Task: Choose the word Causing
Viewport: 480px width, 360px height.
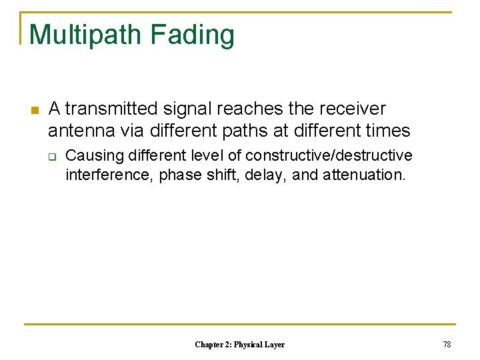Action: click(95, 156)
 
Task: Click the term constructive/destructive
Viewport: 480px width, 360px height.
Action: click(329, 156)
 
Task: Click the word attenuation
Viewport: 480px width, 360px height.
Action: click(366, 175)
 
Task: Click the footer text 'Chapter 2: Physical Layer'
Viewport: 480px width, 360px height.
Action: click(239, 345)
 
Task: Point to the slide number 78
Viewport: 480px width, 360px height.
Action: click(447, 345)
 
